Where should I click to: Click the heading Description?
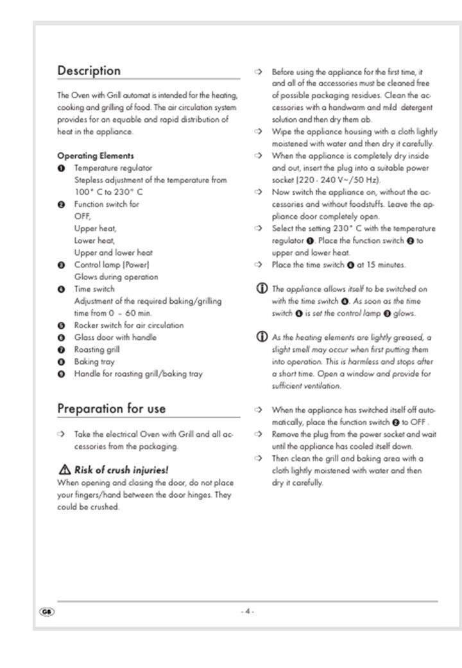(89, 71)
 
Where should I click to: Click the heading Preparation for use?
(111, 409)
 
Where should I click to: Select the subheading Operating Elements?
(96, 155)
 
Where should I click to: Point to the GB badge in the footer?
(47, 611)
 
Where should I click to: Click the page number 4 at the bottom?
(248, 611)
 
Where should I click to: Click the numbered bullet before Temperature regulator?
(61, 168)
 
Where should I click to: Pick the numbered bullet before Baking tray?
(61, 362)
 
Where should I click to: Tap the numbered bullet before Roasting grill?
(61, 349)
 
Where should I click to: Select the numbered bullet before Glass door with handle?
(61, 337)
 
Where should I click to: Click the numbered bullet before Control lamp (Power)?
(61, 265)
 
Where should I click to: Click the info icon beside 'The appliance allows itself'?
(262, 289)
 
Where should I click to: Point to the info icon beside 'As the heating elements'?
(262, 337)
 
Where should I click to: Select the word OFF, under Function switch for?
(83, 216)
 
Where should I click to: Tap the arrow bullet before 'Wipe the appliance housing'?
(258, 132)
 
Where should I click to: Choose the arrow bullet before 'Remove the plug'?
(258, 434)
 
